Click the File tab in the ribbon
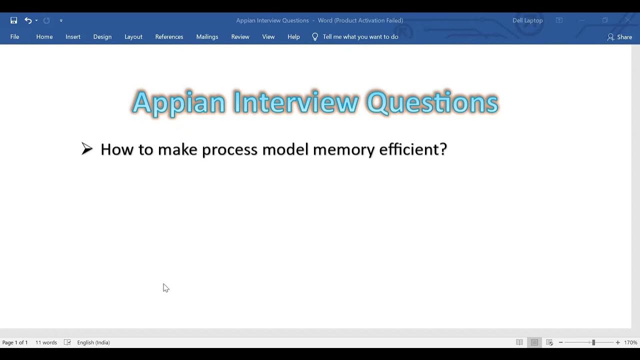14,37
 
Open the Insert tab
72,37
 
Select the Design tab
102,37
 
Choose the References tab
169,37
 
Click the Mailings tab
207,37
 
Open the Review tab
240,37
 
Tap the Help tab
293,37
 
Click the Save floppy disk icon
14,20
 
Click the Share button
619,37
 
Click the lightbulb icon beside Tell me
315,37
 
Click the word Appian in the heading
178,103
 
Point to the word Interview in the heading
295,103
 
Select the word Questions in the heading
432,103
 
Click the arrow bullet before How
87,149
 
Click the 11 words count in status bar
46,342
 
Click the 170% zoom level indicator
630,342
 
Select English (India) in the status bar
93,342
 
